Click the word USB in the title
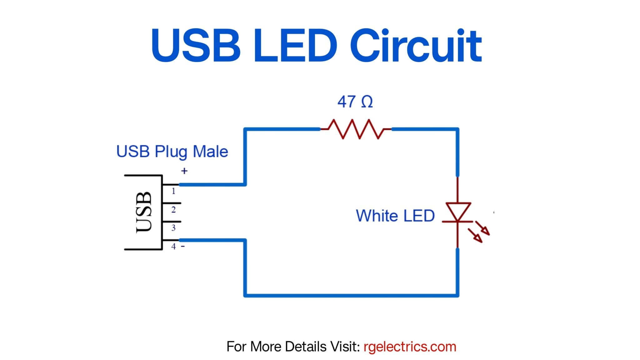pyautogui.click(x=196, y=46)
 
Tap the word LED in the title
pyautogui.click(x=295, y=46)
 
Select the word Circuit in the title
pyautogui.click(x=416, y=46)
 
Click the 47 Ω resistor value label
pyautogui.click(x=355, y=102)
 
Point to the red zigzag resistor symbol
pyautogui.click(x=356, y=129)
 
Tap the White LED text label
pyautogui.click(x=395, y=216)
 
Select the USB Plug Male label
pyautogui.click(x=172, y=152)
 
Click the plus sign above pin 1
pyautogui.click(x=184, y=171)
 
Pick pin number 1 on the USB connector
pyautogui.click(x=173, y=191)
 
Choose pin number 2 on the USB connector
pyautogui.click(x=173, y=210)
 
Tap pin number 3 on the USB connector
pyautogui.click(x=173, y=228)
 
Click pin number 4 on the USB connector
pyautogui.click(x=173, y=247)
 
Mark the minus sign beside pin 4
pyautogui.click(x=183, y=247)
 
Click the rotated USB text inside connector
pyautogui.click(x=144, y=212)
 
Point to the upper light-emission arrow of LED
pyautogui.click(x=482, y=228)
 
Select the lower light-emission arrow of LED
pyautogui.click(x=475, y=236)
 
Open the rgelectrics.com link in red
pyautogui.click(x=410, y=347)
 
